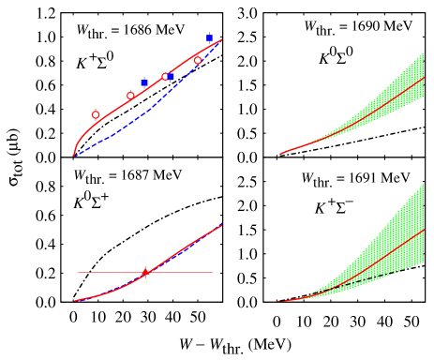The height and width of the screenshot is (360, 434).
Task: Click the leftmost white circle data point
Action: click(x=96, y=114)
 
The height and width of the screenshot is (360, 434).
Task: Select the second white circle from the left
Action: click(x=130, y=96)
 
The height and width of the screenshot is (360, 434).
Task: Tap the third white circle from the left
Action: click(x=165, y=77)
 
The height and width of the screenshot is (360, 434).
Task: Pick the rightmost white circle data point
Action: click(x=198, y=60)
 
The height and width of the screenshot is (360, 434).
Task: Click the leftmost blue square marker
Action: click(x=143, y=82)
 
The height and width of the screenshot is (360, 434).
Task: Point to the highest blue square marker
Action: click(x=209, y=38)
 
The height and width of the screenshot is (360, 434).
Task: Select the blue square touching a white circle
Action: click(x=171, y=76)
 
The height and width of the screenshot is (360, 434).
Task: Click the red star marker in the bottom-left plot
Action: click(x=145, y=272)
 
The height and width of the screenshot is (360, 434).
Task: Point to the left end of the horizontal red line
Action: click(x=79, y=272)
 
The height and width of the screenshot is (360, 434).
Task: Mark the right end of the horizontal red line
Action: click(x=213, y=272)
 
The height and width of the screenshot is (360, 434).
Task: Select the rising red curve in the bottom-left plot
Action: click(x=187, y=246)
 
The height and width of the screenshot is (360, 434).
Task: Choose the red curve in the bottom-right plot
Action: click(x=375, y=262)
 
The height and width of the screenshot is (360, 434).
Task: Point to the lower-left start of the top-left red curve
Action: click(x=74, y=155)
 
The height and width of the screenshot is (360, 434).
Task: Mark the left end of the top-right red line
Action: click(x=280, y=154)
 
